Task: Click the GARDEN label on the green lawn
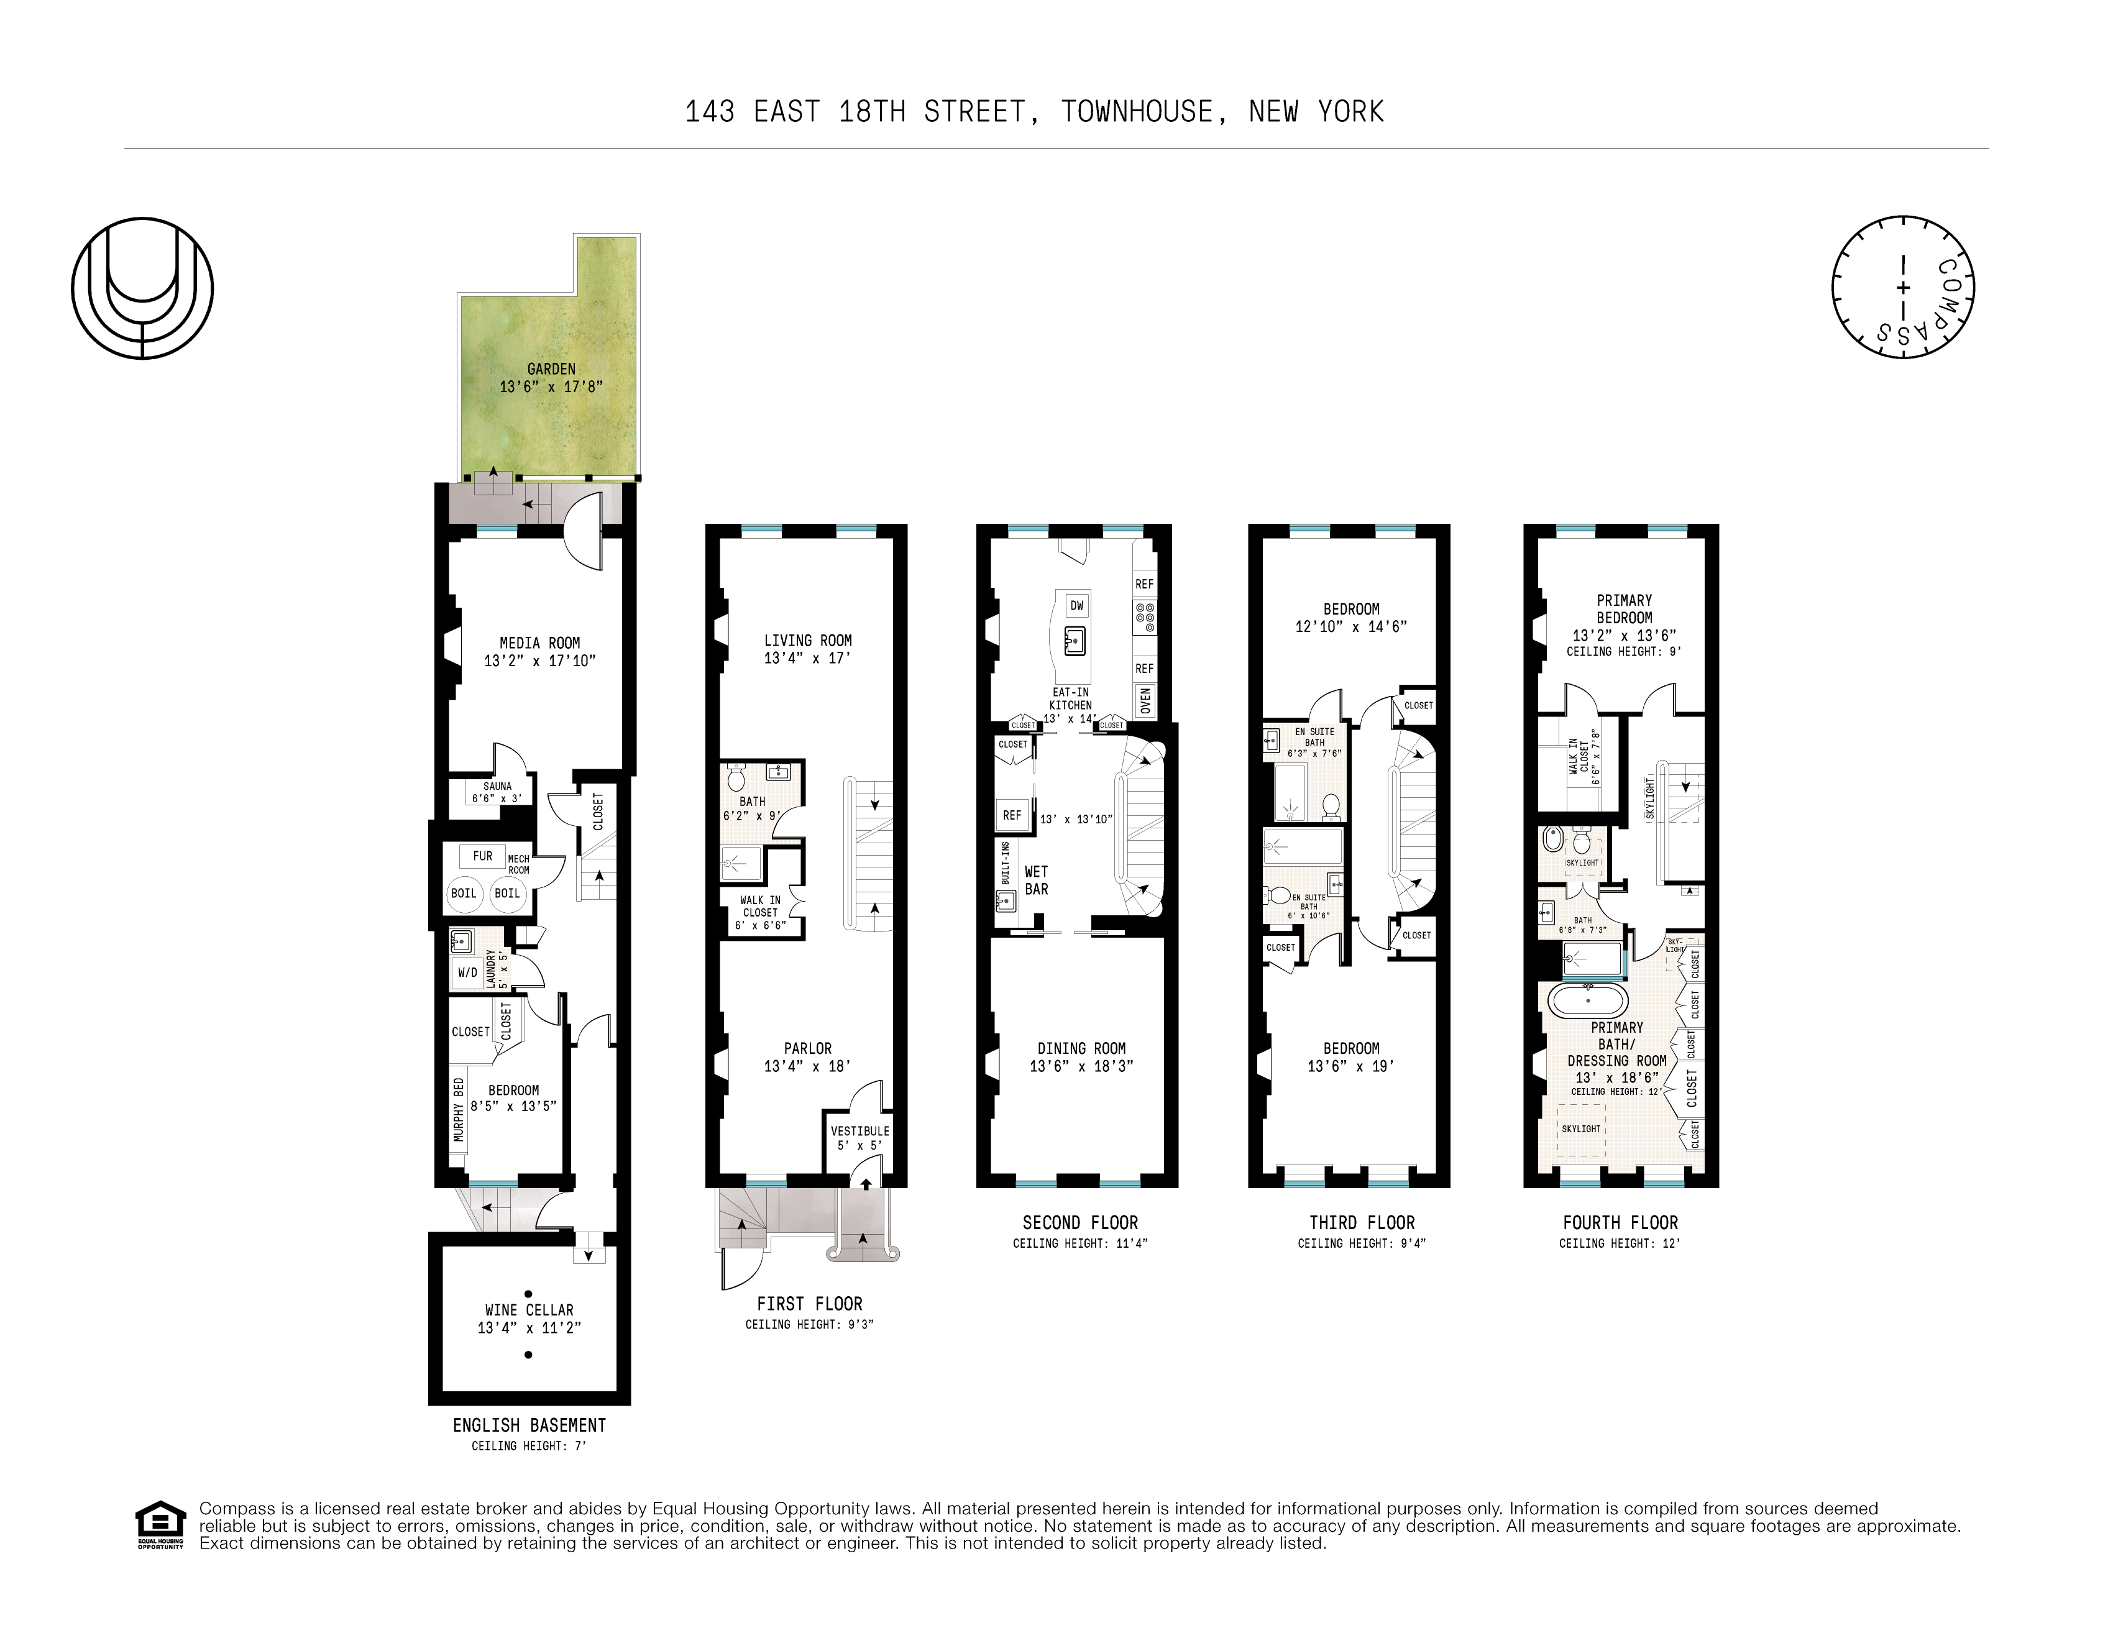point(551,368)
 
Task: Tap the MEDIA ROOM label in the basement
point(539,643)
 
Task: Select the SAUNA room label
point(497,787)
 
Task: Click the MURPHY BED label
point(459,1109)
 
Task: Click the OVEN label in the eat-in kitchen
point(1145,700)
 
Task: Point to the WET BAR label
point(1035,881)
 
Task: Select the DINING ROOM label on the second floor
point(1081,1048)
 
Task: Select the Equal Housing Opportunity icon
point(160,1525)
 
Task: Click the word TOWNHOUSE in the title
point(1136,112)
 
